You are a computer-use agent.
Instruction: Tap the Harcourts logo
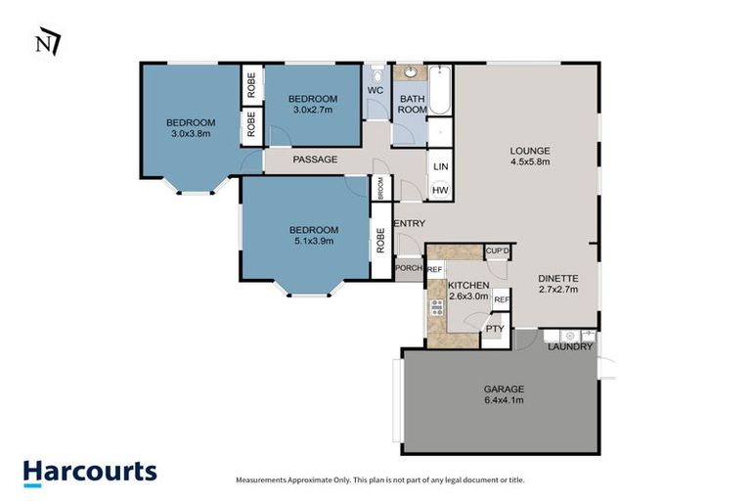tap(90, 471)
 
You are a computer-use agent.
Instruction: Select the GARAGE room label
tap(504, 388)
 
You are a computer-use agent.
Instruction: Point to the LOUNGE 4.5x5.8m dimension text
tap(530, 161)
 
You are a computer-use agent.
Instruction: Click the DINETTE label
tap(557, 277)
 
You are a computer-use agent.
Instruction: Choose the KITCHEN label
tap(468, 285)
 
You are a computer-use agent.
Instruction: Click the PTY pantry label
tap(495, 330)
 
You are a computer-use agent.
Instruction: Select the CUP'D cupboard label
tap(498, 251)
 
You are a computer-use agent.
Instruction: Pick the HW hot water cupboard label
tap(440, 190)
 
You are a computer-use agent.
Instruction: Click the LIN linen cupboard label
tap(440, 166)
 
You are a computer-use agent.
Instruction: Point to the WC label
tap(375, 91)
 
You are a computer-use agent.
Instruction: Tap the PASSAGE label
tap(316, 159)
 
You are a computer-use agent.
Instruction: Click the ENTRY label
tap(409, 224)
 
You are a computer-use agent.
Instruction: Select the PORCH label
tap(408, 268)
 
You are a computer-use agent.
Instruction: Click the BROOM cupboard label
tap(380, 189)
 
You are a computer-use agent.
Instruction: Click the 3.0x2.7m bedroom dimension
tap(313, 110)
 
